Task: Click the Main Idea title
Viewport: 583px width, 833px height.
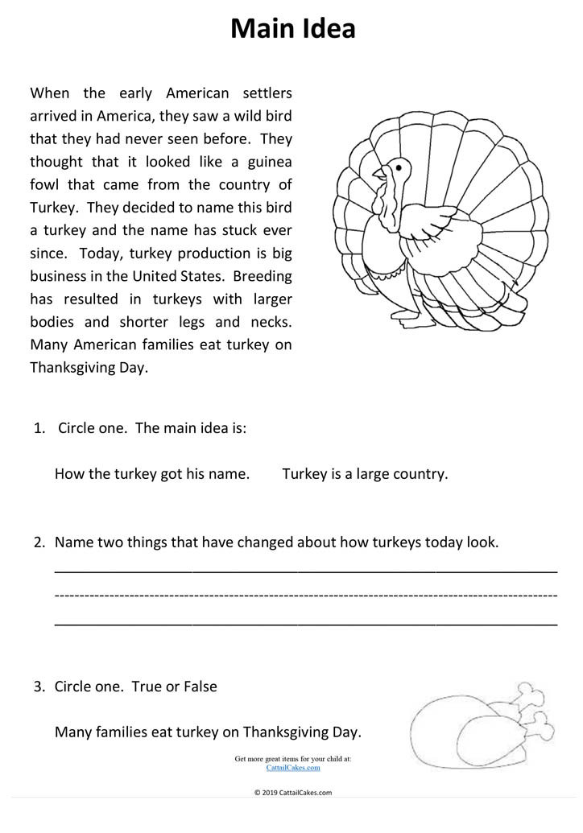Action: pos(292,29)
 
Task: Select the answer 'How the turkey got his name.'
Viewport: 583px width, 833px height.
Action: pos(152,473)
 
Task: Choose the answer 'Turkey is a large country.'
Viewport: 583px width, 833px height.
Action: pos(365,473)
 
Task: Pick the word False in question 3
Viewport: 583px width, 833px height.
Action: pos(201,687)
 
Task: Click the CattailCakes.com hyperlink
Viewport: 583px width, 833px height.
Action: pos(292,768)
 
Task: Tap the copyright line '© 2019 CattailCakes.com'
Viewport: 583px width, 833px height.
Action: pos(292,792)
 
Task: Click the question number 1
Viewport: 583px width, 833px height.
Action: pos(39,428)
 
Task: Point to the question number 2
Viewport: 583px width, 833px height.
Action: pos(39,542)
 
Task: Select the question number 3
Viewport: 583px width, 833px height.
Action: pos(39,687)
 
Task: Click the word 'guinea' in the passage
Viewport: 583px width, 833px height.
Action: pos(267,162)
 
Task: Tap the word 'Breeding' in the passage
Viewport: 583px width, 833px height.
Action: pos(263,276)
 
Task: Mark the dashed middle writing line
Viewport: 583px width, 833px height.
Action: pos(306,596)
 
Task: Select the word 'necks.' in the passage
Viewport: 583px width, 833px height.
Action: pos(270,322)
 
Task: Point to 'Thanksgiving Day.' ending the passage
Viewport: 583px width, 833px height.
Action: pos(89,368)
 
